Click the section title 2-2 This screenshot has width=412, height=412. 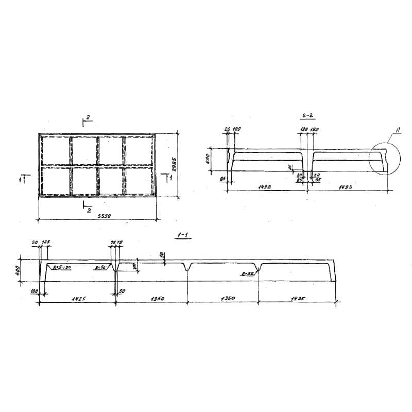(308, 116)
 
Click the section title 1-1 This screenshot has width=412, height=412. (182, 235)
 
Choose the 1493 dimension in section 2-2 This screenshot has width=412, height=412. (345, 187)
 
